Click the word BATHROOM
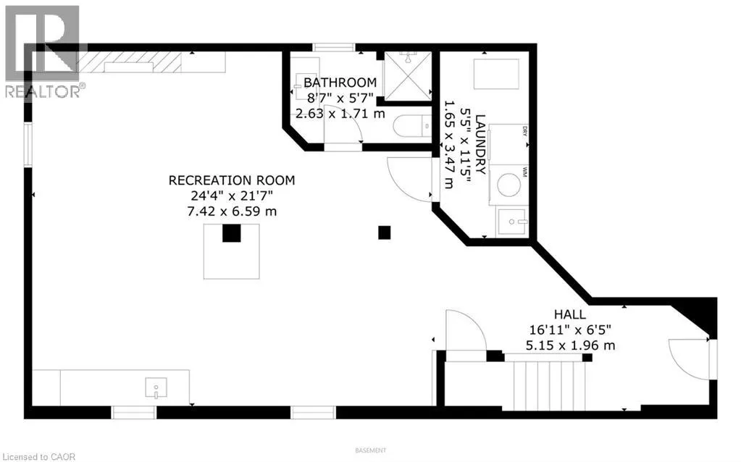[x=340, y=83]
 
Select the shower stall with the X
[x=406, y=75]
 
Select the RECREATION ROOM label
[x=232, y=180]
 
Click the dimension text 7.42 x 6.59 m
[x=232, y=211]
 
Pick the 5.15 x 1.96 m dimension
[x=572, y=345]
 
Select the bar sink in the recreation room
[x=156, y=389]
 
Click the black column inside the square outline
[x=231, y=233]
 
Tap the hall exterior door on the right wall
[x=692, y=358]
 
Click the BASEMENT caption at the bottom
[x=370, y=450]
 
